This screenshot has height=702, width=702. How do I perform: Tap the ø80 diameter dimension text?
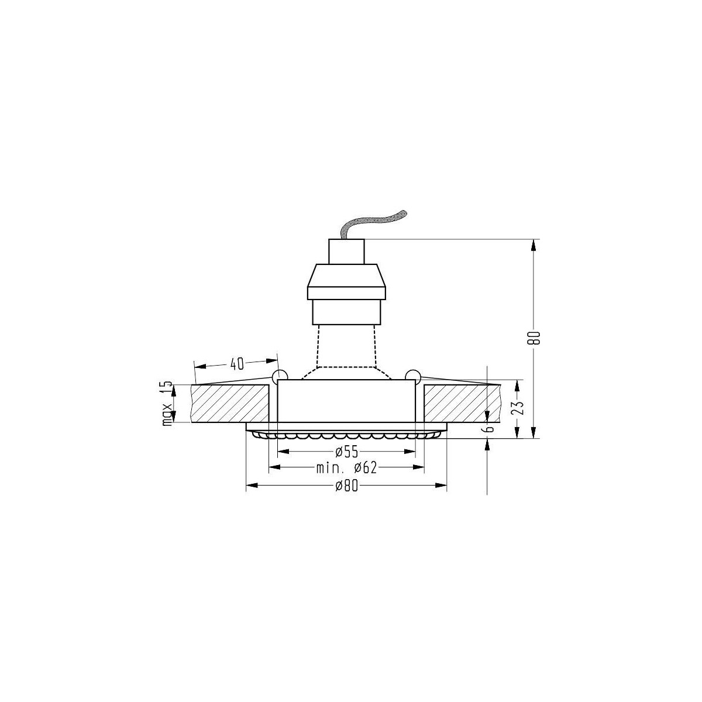coord(346,486)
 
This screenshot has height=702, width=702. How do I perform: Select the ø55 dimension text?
coord(347,452)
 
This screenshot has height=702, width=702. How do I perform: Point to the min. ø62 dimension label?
coord(346,467)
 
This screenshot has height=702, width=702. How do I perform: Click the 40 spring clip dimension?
coord(236,364)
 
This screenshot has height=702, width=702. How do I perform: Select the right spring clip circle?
coord(412,375)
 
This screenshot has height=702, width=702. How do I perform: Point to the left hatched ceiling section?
coord(229,403)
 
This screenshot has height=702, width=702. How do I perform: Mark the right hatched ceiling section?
coord(462,403)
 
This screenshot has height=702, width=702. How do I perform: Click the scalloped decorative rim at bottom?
coord(346,436)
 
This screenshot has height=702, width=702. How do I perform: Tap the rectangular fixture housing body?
coord(346,401)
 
